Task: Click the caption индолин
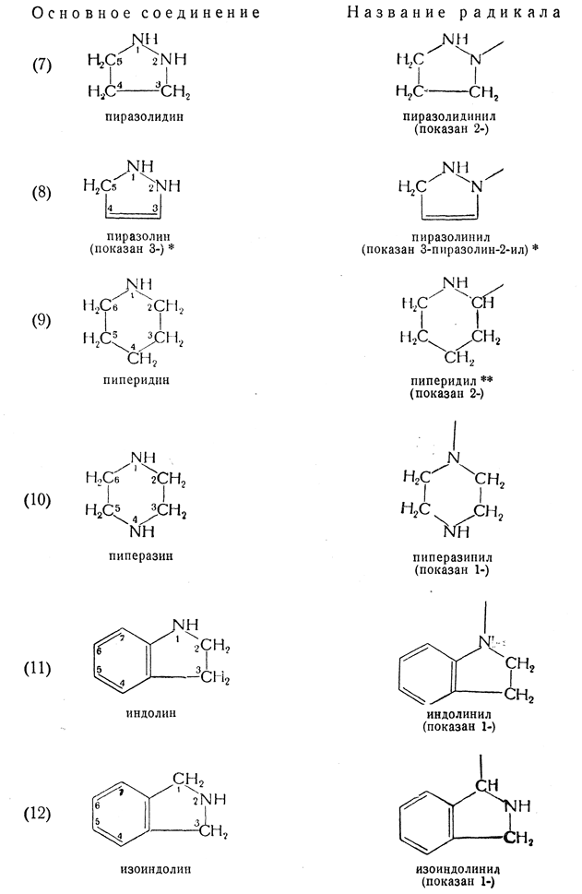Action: [152, 712]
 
